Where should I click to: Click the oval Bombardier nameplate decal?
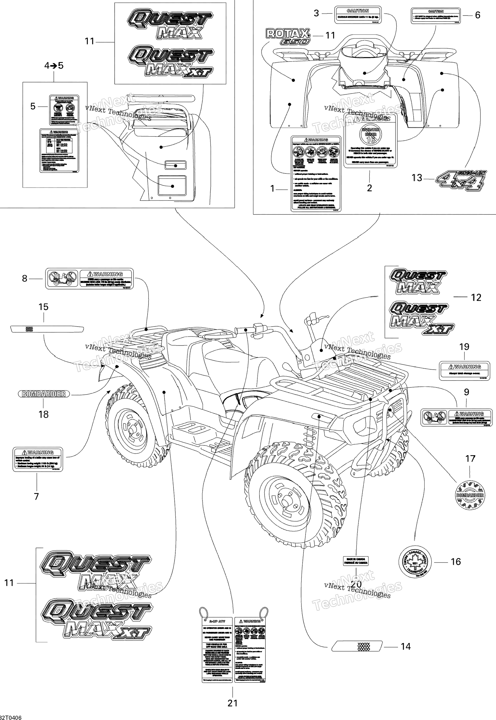[x=43, y=394]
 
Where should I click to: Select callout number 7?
[x=36, y=496]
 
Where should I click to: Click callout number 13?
[x=417, y=178]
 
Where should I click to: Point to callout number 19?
[x=464, y=347]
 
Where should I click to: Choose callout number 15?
[x=43, y=307]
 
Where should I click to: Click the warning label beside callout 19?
[x=464, y=370]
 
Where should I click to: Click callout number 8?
[x=25, y=278]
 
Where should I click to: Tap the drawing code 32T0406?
[x=11, y=717]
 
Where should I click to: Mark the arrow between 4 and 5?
[x=54, y=66]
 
